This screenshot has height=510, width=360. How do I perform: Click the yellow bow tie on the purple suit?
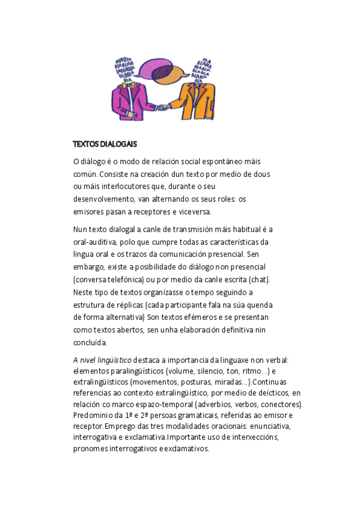128,85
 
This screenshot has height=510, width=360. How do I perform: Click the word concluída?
90,342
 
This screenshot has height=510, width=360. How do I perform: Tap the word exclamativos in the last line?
185,449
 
